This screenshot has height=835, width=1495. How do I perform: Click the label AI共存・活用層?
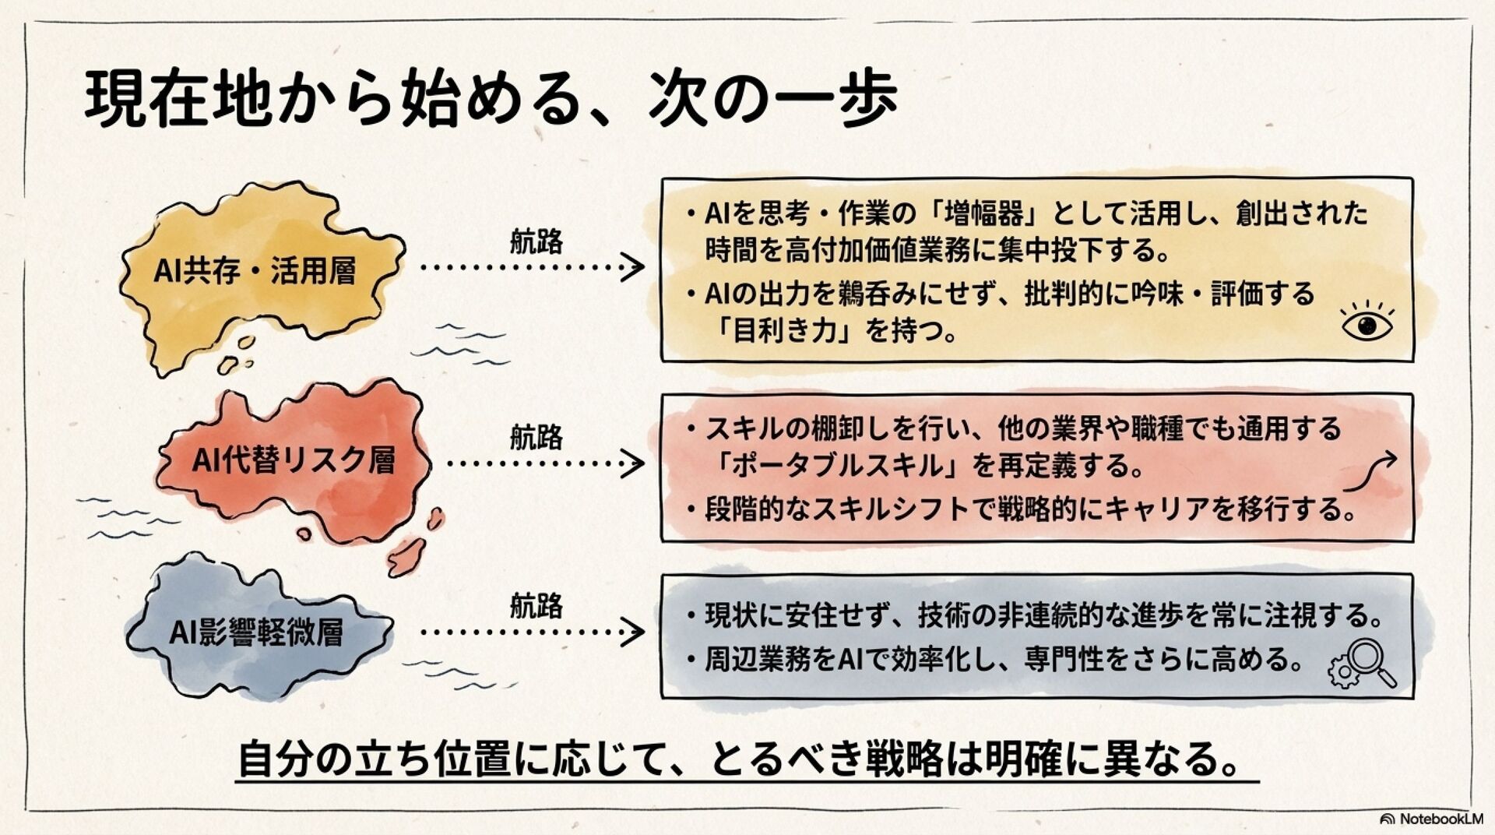coord(255,272)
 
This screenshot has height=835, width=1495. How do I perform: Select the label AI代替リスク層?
coord(294,461)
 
